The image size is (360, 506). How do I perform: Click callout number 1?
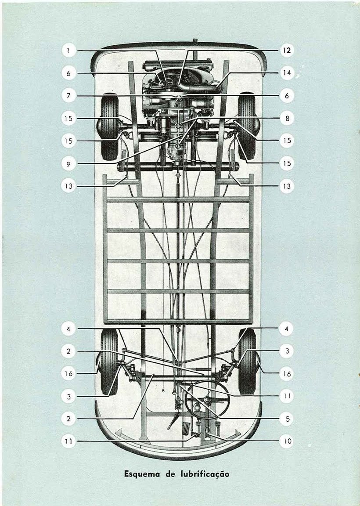68,51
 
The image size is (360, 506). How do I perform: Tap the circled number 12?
286,51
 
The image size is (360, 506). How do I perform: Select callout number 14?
286,73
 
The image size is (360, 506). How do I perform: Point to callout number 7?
68,96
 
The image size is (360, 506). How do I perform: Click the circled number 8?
286,118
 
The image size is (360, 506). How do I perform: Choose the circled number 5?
286,419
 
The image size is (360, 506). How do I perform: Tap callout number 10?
286,441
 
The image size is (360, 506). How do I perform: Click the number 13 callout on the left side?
68,186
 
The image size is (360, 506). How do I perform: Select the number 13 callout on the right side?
286,186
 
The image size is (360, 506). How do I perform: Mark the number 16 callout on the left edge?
68,374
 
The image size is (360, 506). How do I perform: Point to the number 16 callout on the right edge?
286,374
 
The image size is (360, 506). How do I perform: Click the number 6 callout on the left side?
68,73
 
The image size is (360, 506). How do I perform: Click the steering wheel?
208,398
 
